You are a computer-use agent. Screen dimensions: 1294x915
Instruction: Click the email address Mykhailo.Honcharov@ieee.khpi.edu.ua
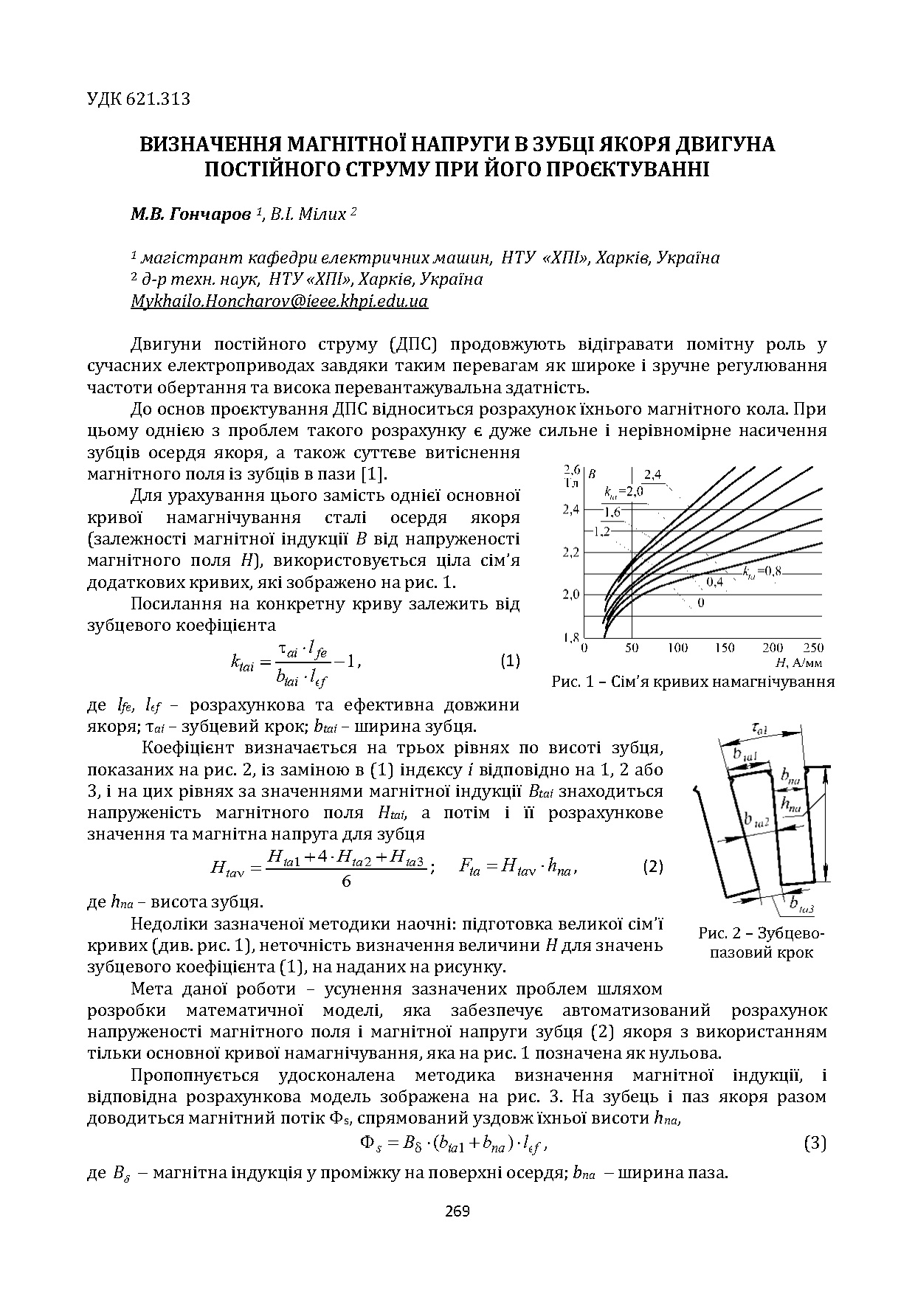click(x=279, y=302)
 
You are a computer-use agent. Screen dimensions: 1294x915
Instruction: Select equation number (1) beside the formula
click(x=510, y=660)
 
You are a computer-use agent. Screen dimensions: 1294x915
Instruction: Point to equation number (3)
click(x=814, y=1144)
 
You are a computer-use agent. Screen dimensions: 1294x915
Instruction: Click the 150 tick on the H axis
click(x=725, y=648)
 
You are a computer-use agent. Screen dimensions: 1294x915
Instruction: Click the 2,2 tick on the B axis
click(x=571, y=552)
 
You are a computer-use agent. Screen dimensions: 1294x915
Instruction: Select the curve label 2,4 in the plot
click(x=654, y=474)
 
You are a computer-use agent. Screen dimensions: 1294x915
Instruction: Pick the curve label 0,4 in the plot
click(x=714, y=582)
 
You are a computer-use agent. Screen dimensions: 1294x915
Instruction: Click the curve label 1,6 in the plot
click(x=611, y=513)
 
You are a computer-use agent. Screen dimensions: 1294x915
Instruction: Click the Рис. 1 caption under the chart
click(x=693, y=682)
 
